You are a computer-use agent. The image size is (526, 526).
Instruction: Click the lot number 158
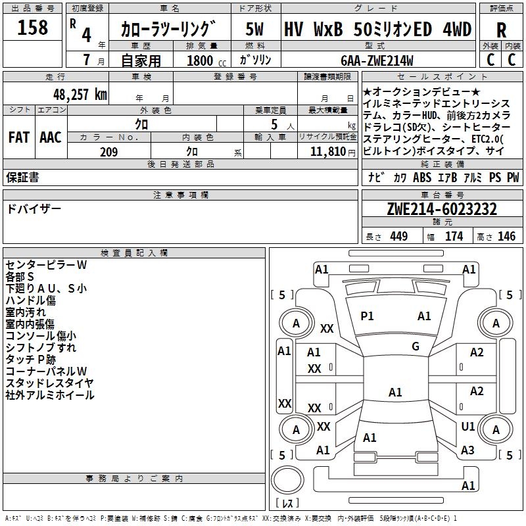point(33,28)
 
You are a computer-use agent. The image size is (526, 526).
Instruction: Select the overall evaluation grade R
point(501,30)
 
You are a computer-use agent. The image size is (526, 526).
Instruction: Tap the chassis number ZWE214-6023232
point(442,210)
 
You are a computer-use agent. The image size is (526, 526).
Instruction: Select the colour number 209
point(108,152)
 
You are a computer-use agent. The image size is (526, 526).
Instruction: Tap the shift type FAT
point(18,137)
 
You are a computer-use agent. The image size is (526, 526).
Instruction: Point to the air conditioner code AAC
point(51,137)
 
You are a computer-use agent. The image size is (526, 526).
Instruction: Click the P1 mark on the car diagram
point(367,316)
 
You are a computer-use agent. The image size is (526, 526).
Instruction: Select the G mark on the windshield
point(416,347)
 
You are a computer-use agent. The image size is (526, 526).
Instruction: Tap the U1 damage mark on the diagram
point(468,427)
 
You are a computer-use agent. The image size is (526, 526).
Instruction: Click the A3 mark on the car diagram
point(467,450)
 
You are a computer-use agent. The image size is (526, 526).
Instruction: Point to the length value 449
point(398,237)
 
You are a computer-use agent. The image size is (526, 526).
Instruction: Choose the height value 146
point(506,237)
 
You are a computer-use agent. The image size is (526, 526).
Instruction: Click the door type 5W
point(254,30)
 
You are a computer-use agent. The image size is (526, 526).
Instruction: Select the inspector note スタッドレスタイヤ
point(49,383)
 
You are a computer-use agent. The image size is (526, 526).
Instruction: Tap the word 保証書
point(22,177)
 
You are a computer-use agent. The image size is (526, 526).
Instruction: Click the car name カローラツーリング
point(168,30)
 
